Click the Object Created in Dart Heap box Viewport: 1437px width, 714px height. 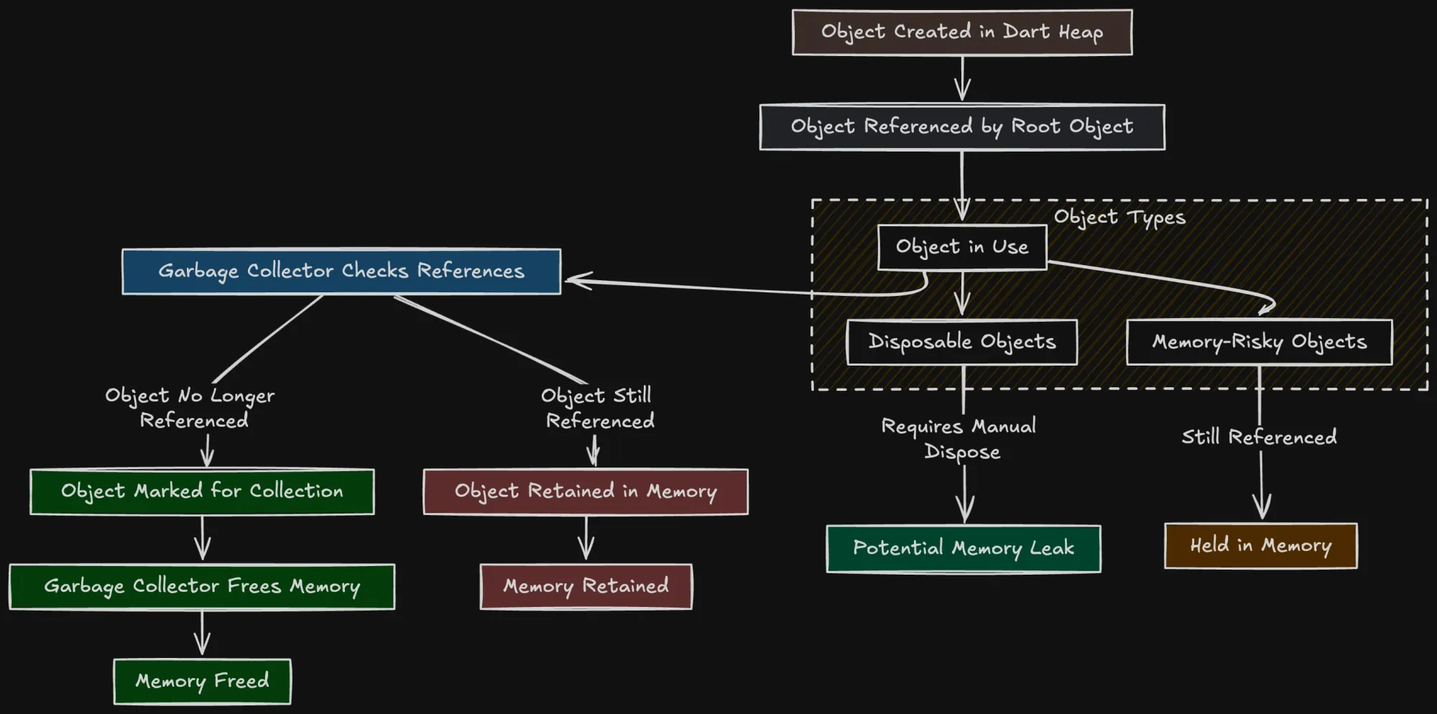962,32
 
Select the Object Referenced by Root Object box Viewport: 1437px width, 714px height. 962,127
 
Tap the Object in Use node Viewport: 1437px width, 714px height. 962,247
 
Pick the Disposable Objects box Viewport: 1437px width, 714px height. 962,342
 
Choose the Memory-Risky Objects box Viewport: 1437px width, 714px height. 1259,342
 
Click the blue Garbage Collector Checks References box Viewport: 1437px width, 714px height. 341,272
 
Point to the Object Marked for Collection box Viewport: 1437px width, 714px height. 202,491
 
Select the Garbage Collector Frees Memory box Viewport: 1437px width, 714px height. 202,586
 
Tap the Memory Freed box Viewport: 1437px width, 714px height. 202,681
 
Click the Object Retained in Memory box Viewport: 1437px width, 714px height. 586,491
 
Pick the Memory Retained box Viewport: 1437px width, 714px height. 586,586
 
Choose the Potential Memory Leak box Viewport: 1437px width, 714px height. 964,549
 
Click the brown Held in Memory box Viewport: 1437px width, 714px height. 1261,546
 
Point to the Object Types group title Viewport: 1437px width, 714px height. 1119,217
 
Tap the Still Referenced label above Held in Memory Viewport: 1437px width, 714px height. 1260,437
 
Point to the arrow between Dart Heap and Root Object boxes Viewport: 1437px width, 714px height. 962,79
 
